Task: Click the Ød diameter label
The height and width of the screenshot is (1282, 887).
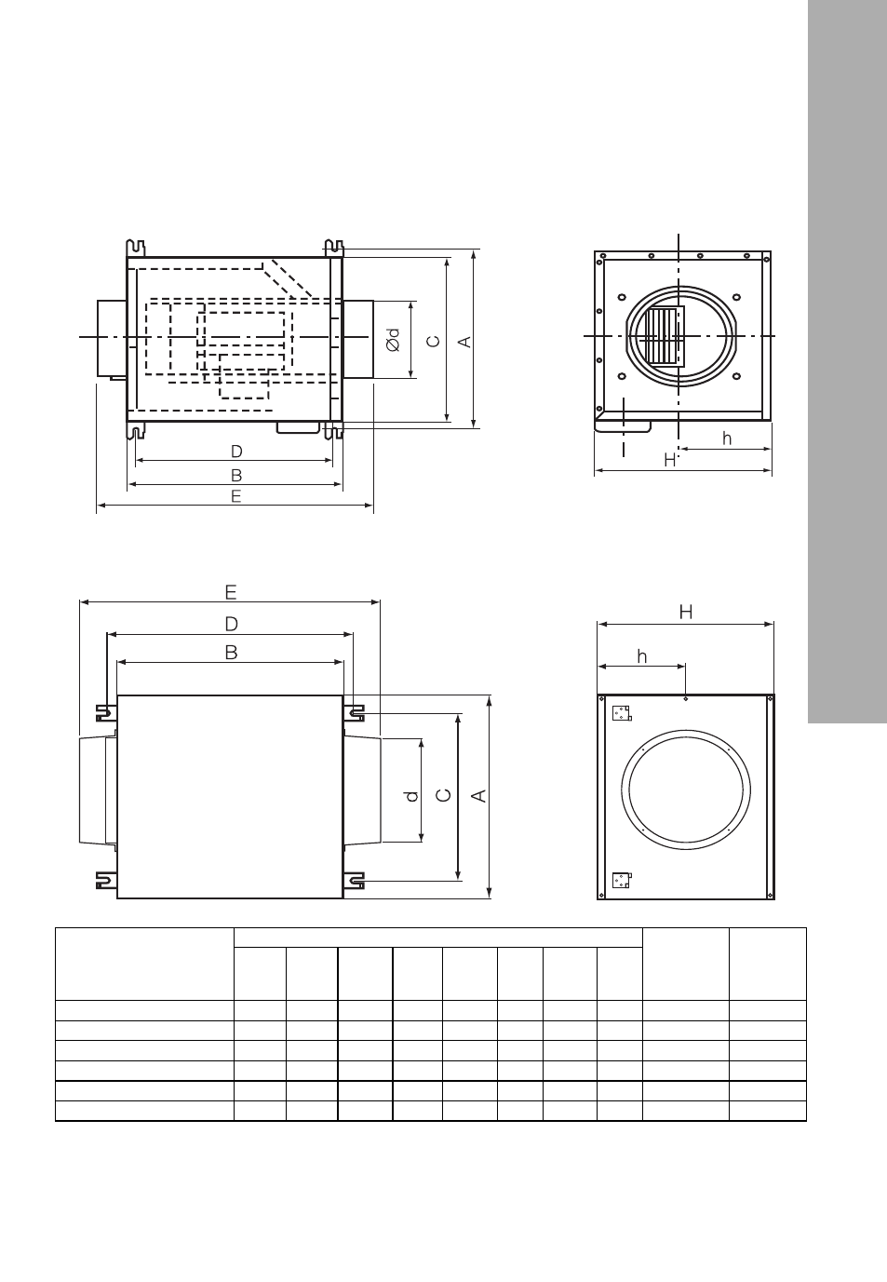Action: [x=393, y=340]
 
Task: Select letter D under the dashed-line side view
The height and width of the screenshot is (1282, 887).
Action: [x=236, y=452]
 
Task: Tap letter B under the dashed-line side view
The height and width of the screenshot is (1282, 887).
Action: [x=235, y=475]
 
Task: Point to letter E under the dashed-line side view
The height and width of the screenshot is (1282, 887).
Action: [x=235, y=496]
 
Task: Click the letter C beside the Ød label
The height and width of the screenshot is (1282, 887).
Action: [x=435, y=341]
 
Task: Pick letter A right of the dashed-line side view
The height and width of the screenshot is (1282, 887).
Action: [x=465, y=342]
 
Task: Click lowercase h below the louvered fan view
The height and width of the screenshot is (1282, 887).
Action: [x=727, y=439]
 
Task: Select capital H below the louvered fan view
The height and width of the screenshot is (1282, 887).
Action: [x=670, y=460]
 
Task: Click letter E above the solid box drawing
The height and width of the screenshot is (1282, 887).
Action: [x=231, y=592]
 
